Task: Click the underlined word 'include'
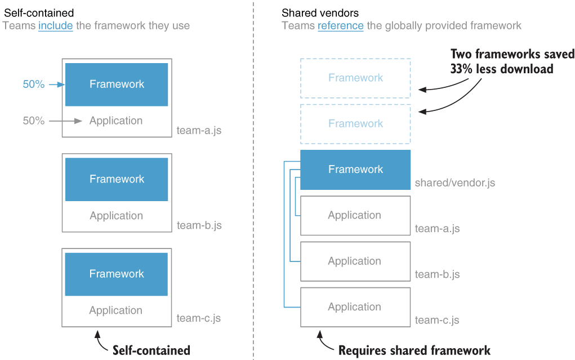pyautogui.click(x=55, y=25)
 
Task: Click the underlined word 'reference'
pyautogui.click(x=340, y=25)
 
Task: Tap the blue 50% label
pyautogui.click(x=33, y=85)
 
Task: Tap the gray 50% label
pyautogui.click(x=33, y=121)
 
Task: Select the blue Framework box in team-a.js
pyautogui.click(x=117, y=85)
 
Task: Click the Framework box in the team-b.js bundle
pyautogui.click(x=117, y=179)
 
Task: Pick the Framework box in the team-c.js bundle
pyautogui.click(x=117, y=274)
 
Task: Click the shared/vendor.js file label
pyautogui.click(x=454, y=183)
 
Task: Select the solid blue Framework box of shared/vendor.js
pyautogui.click(x=355, y=170)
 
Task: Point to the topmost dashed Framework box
pyautogui.click(x=355, y=78)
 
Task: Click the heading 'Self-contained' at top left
pyautogui.click(x=39, y=12)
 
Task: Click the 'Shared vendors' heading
pyautogui.click(x=320, y=12)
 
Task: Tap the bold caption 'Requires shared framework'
pyautogui.click(x=414, y=350)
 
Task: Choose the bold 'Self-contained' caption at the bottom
pyautogui.click(x=151, y=350)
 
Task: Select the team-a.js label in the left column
pyautogui.click(x=199, y=131)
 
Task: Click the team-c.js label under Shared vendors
pyautogui.click(x=437, y=321)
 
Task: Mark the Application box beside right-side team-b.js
pyautogui.click(x=355, y=261)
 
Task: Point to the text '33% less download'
pyautogui.click(x=501, y=69)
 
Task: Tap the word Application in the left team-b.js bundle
pyautogui.click(x=116, y=216)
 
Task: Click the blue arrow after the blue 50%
pyautogui.click(x=57, y=85)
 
